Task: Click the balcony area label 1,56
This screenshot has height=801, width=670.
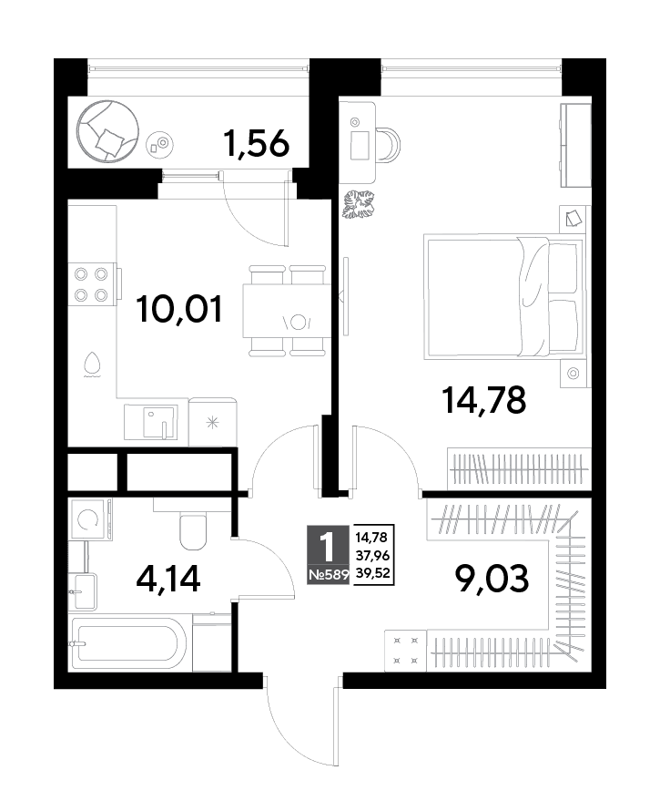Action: click(x=257, y=143)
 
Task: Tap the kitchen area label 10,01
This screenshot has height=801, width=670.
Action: click(x=179, y=310)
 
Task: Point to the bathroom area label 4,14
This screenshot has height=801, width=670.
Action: click(x=168, y=579)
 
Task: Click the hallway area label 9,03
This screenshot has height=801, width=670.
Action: click(x=492, y=579)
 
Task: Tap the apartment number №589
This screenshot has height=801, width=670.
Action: click(x=328, y=575)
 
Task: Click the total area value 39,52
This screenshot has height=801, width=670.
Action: click(x=372, y=573)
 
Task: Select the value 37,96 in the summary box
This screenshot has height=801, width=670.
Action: click(x=372, y=555)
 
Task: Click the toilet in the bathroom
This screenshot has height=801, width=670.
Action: click(x=193, y=532)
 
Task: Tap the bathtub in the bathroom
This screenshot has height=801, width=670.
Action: click(x=126, y=642)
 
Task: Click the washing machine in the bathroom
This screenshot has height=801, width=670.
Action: click(x=90, y=519)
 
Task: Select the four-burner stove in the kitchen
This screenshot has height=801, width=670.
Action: click(x=92, y=284)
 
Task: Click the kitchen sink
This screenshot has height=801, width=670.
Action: click(x=151, y=422)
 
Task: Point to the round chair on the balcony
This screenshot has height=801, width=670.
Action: click(x=107, y=131)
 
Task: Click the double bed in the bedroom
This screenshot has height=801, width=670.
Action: click(x=503, y=297)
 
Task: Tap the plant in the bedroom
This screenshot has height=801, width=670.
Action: click(x=358, y=204)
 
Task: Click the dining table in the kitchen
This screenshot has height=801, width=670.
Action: click(x=284, y=311)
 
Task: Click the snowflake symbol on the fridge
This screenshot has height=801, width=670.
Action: click(x=212, y=422)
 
